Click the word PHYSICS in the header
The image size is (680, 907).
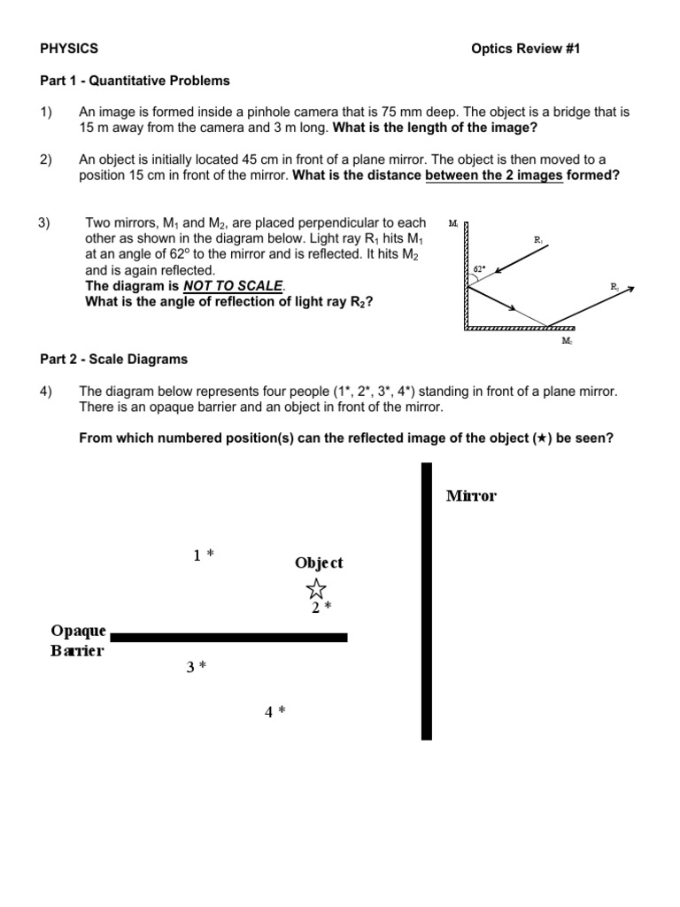pyautogui.click(x=69, y=49)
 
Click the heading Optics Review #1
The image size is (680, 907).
pyautogui.click(x=526, y=49)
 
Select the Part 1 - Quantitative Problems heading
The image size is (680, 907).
pyautogui.click(x=135, y=81)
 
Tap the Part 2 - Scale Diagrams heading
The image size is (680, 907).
pyautogui.click(x=113, y=360)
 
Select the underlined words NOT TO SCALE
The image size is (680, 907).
pyautogui.click(x=234, y=286)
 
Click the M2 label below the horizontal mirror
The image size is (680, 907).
pyautogui.click(x=567, y=339)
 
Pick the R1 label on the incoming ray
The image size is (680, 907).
pyautogui.click(x=538, y=240)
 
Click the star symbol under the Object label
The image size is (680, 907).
pyautogui.click(x=316, y=587)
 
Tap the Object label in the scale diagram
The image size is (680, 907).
pyautogui.click(x=319, y=563)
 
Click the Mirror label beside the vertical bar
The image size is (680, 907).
pyautogui.click(x=471, y=496)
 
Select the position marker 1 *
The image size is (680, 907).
pyautogui.click(x=204, y=555)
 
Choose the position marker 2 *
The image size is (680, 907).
pyautogui.click(x=321, y=609)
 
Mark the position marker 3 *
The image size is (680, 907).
pyautogui.click(x=196, y=667)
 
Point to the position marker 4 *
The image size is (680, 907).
pyautogui.click(x=274, y=711)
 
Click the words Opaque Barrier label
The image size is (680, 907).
pyautogui.click(x=78, y=640)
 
